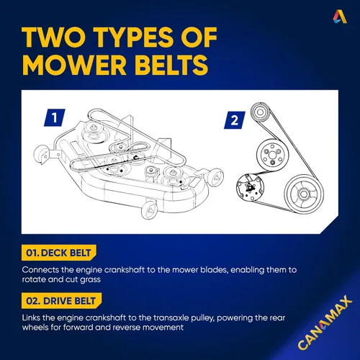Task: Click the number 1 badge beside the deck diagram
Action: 55,117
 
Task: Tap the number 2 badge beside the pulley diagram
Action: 235,120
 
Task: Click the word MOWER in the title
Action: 74,65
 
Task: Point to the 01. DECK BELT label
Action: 58,253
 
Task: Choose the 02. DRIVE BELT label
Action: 61,301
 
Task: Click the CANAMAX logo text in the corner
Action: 325,323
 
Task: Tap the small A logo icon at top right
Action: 340,17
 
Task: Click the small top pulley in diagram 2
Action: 260,112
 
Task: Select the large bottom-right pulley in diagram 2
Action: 304,194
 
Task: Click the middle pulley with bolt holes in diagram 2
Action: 272,155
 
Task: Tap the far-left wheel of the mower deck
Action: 41,154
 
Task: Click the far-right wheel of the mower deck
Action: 215,177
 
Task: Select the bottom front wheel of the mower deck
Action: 149,210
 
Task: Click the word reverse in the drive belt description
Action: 127,328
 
